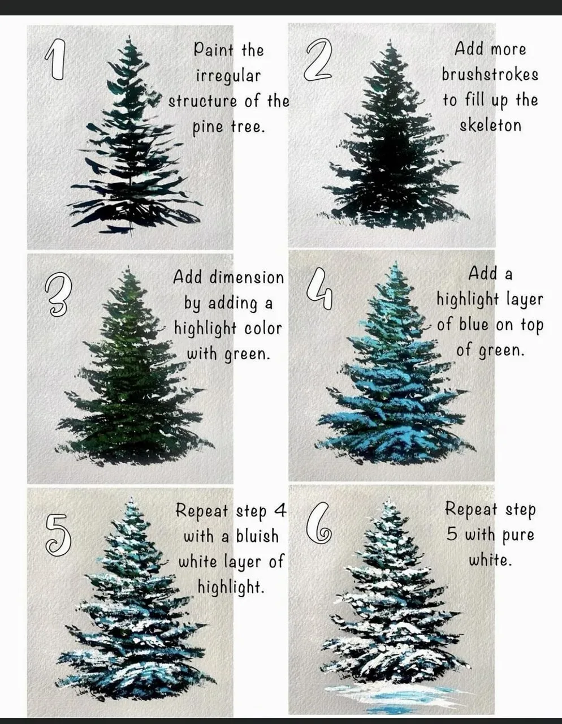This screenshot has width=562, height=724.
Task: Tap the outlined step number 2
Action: point(317,60)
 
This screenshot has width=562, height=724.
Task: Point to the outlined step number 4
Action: point(320,289)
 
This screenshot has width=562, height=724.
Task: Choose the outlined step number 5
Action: point(58,535)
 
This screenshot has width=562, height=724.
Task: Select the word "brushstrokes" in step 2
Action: point(490,75)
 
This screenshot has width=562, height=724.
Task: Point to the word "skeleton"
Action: point(490,126)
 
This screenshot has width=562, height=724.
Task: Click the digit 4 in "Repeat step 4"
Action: point(280,510)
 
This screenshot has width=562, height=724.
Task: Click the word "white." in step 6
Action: point(490,560)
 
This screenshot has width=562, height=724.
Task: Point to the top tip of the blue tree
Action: point(396,262)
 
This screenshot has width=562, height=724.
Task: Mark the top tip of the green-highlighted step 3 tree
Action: point(128,265)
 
